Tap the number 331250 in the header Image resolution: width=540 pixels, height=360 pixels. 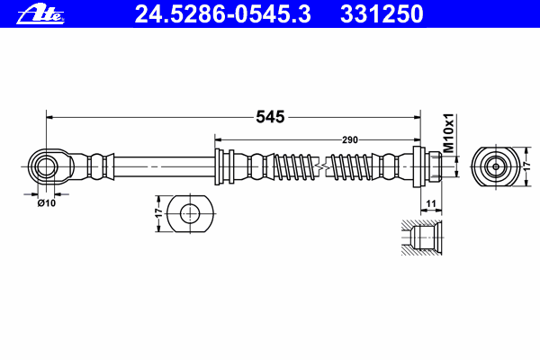[381, 13]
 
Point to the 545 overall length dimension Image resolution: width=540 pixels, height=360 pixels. [270, 117]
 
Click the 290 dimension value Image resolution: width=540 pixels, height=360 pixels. [350, 139]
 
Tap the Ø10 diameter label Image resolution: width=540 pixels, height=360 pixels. [46, 202]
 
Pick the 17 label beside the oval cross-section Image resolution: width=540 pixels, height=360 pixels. [159, 214]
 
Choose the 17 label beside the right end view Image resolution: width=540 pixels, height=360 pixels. [527, 166]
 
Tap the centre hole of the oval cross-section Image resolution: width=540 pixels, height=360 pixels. [191, 213]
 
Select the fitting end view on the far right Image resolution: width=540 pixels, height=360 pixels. [494, 166]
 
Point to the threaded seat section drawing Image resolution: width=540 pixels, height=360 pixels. [421, 239]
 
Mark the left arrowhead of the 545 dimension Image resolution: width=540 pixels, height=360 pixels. [50, 117]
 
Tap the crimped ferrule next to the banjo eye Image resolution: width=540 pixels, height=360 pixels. [99, 166]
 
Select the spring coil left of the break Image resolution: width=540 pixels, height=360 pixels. [292, 166]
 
